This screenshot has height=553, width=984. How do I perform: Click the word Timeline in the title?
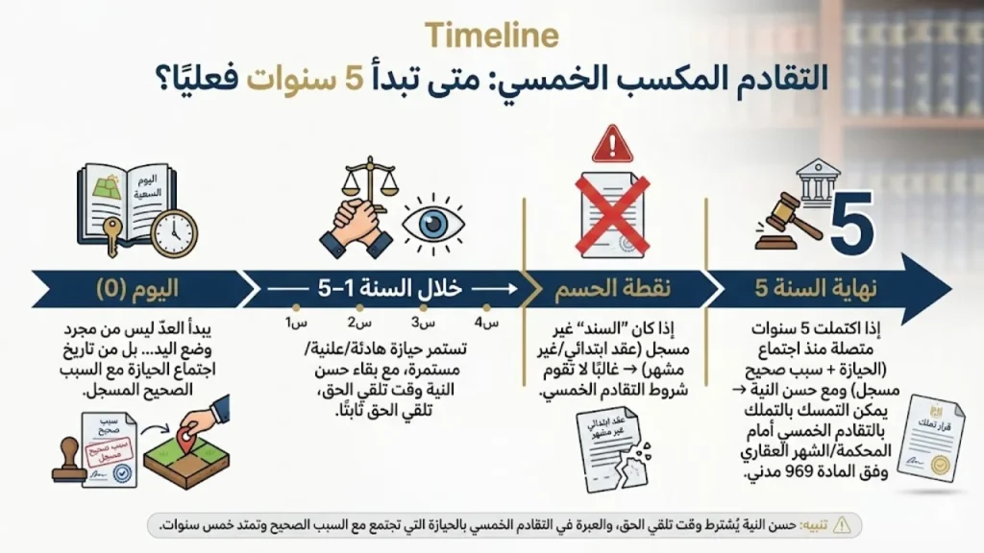491,36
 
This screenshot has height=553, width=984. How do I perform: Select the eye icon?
434,223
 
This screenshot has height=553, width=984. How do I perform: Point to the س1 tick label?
288,323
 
